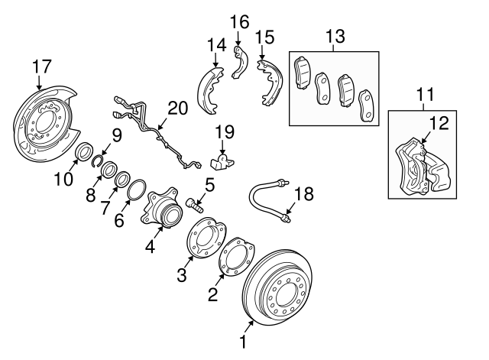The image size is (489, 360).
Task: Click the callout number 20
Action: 177,109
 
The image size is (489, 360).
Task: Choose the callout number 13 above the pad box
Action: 335,36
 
